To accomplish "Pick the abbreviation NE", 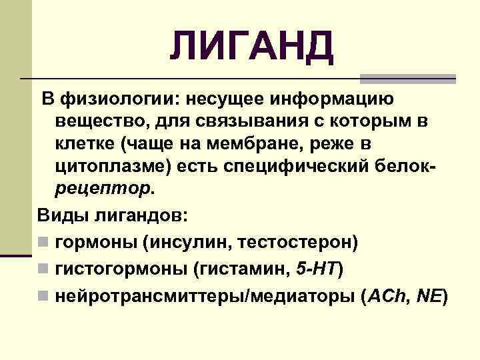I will (x=429, y=296).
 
